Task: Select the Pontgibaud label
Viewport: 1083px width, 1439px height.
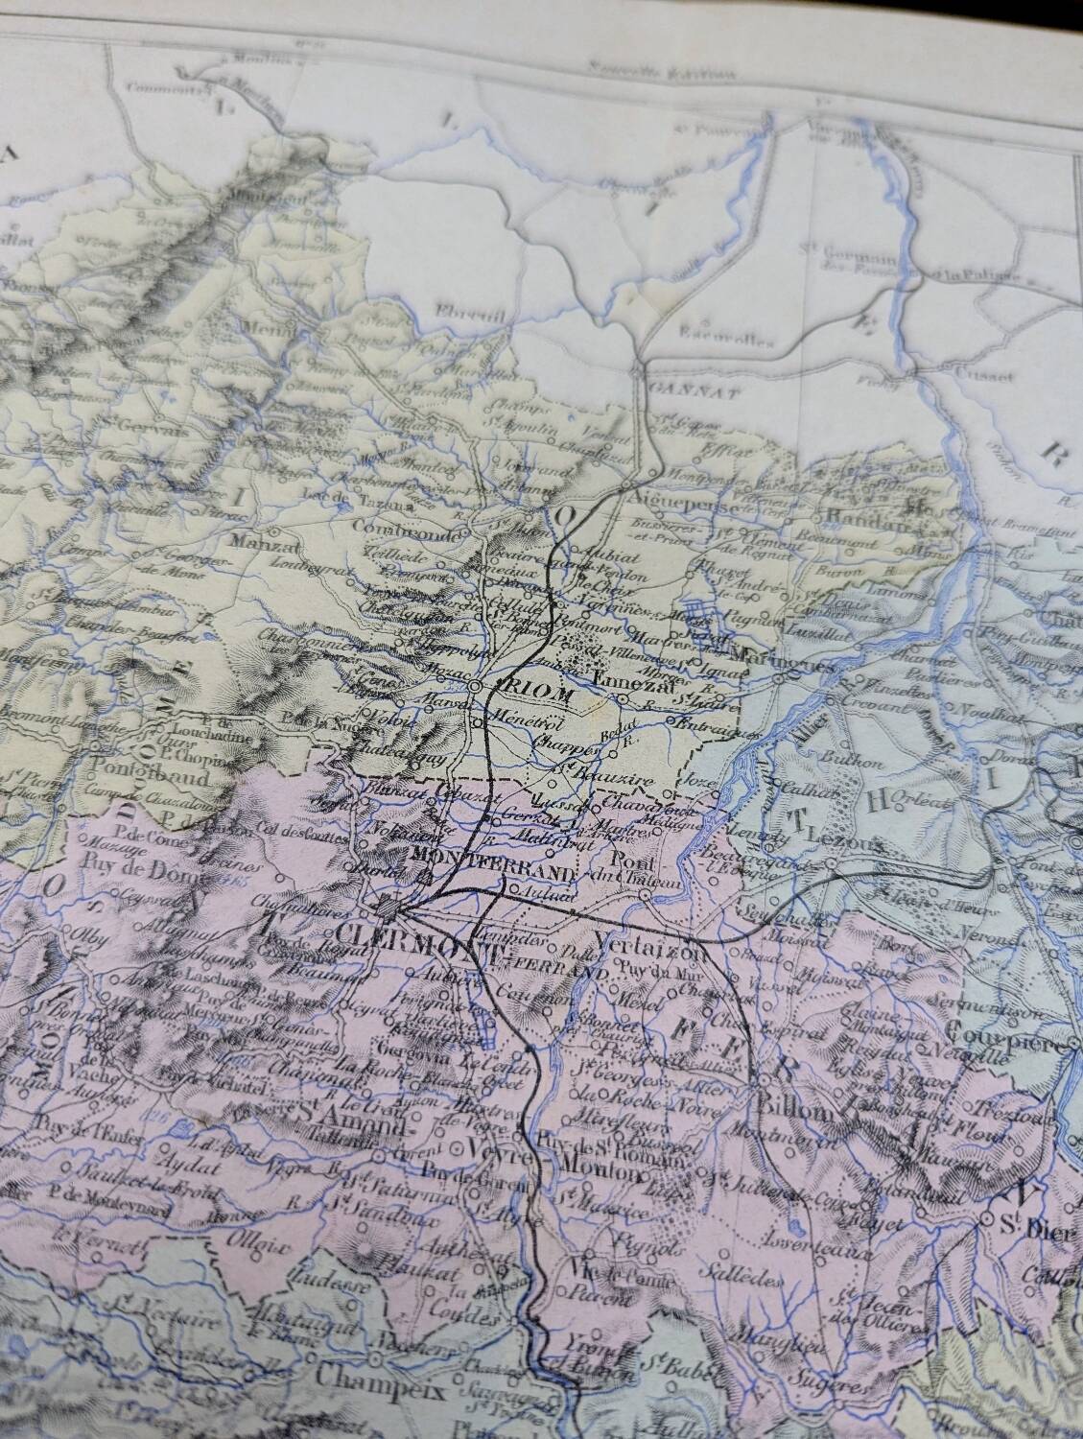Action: point(141,768)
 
